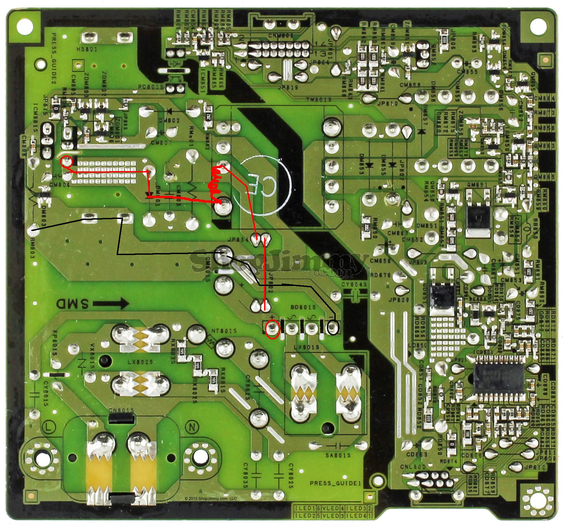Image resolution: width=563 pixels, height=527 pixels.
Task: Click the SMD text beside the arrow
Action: [73, 304]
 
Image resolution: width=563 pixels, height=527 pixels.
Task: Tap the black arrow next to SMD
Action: [111, 304]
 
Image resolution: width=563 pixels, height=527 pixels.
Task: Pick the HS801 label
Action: [86, 49]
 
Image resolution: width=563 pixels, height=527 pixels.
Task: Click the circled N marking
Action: [190, 426]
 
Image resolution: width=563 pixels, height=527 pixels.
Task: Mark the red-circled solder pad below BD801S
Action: [273, 329]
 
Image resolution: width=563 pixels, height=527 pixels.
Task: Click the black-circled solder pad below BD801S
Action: [333, 327]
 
